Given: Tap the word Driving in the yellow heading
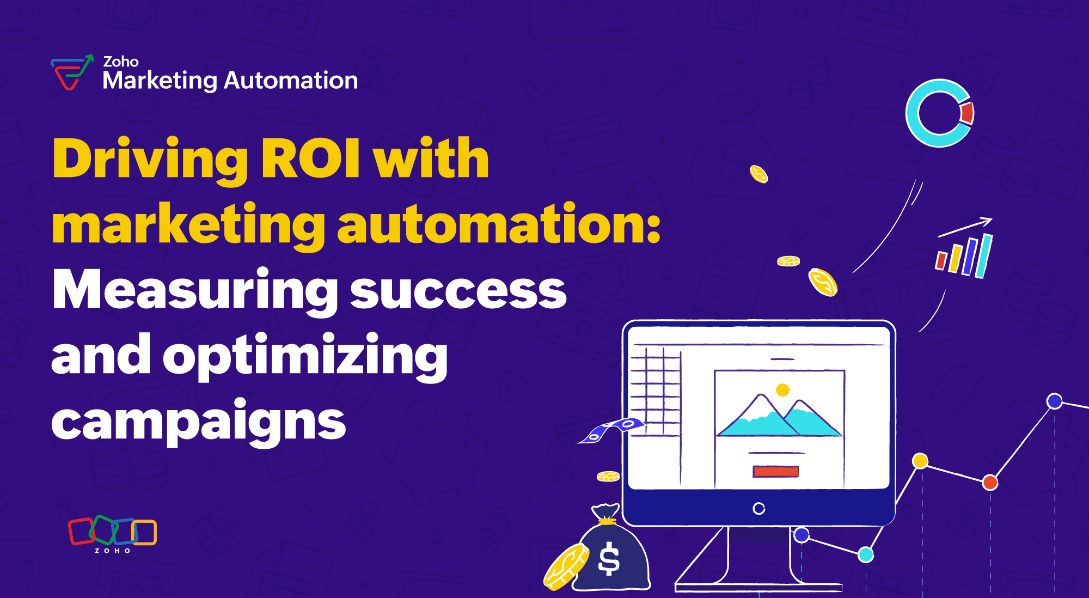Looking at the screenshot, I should (150, 159).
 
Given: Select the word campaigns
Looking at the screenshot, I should (198, 422).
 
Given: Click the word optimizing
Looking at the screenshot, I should (305, 356).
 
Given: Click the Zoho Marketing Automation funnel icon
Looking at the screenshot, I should (71, 72).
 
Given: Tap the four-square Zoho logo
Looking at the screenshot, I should (112, 531).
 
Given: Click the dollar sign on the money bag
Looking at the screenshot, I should (609, 559).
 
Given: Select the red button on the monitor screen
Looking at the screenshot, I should (775, 472).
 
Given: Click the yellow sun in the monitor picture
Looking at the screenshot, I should (782, 390).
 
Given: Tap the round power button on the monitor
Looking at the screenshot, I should (758, 509).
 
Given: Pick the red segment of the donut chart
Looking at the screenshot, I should (967, 113).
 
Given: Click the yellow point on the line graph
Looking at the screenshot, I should (920, 461).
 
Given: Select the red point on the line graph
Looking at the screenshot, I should (990, 482).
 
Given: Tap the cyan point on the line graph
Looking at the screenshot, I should (866, 554).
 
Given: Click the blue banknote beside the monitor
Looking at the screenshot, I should (611, 429).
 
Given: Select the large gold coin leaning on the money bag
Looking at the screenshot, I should (566, 566).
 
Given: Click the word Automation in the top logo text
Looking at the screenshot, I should (291, 81).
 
